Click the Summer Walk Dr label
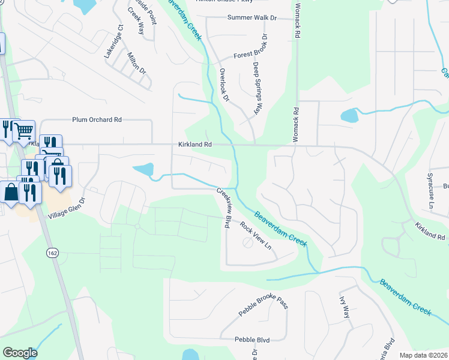[252, 17]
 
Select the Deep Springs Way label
[258, 88]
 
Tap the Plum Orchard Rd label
[97, 119]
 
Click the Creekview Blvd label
[224, 208]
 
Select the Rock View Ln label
[256, 236]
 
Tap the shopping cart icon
[23, 130]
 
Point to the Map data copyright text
[423, 355]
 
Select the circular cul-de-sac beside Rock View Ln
[247, 243]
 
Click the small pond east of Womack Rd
[348, 115]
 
